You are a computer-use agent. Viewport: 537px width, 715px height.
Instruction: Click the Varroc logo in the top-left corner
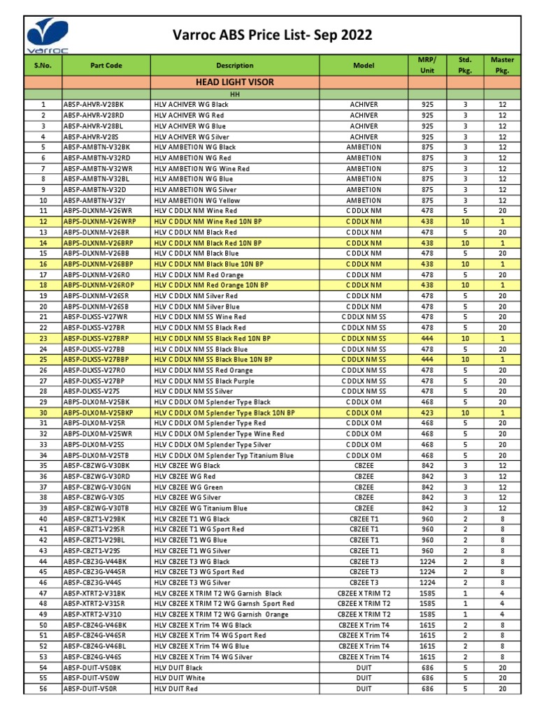point(47,34)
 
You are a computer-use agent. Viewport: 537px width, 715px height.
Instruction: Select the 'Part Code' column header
point(106,66)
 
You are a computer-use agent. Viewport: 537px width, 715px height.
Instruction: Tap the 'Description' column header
point(235,66)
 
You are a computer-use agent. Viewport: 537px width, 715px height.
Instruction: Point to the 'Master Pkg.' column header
point(503,66)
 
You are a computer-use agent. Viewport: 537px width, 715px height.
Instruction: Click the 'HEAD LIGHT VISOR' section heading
point(235,82)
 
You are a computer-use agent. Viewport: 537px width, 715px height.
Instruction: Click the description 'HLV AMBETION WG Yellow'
point(196,200)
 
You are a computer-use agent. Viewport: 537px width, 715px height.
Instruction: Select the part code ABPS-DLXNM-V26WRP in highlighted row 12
point(101,221)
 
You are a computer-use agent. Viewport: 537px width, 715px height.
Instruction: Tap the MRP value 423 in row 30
point(427,413)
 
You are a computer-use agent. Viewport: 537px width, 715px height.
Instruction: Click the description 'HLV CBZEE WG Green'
point(187,487)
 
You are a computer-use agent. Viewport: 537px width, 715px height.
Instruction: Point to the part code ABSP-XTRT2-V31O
point(94,614)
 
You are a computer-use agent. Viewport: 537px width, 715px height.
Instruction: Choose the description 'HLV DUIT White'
point(180,678)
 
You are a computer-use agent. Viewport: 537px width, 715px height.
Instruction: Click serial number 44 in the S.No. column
point(43,561)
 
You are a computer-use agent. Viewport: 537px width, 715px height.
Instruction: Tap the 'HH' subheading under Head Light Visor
point(235,94)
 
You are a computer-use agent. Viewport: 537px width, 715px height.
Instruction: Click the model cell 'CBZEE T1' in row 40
point(364,519)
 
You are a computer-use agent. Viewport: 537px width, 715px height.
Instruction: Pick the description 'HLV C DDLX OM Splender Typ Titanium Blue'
point(224,455)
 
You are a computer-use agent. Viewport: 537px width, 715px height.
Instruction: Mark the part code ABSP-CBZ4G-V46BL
point(96,647)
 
